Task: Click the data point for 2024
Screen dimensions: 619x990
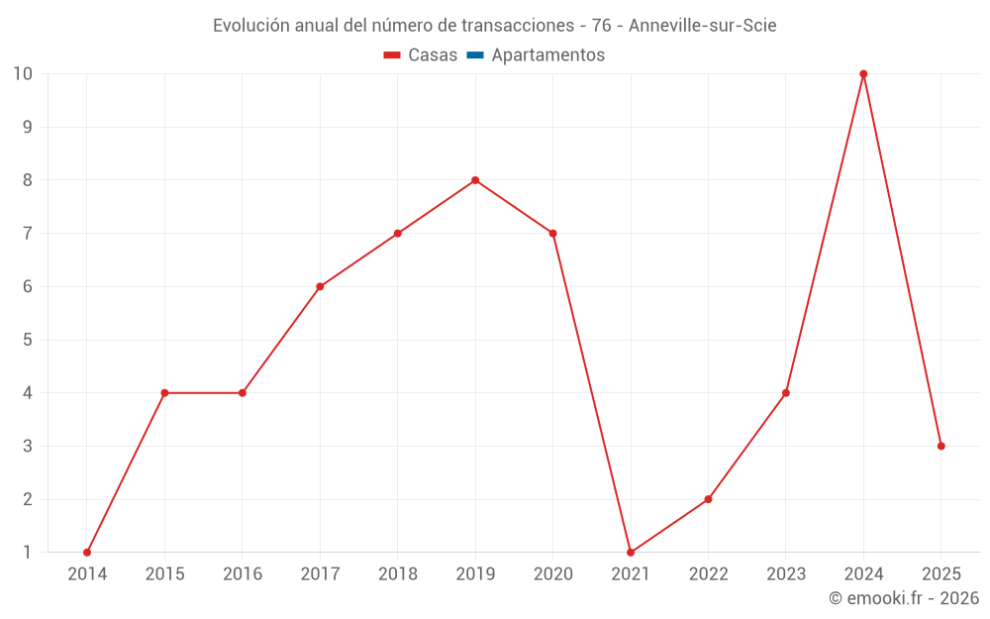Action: click(863, 74)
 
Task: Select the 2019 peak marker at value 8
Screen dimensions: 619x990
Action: click(475, 180)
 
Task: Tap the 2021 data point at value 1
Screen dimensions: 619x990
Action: click(631, 553)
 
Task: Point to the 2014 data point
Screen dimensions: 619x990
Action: click(87, 553)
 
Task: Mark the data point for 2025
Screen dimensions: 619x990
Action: click(940, 446)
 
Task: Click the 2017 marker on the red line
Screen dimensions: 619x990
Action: click(320, 286)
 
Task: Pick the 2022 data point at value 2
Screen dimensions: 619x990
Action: click(708, 499)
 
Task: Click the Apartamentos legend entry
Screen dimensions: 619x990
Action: click(547, 55)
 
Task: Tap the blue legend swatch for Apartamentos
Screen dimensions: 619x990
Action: click(474, 55)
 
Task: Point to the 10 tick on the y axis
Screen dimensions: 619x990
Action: click(23, 74)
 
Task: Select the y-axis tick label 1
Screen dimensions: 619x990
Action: click(27, 553)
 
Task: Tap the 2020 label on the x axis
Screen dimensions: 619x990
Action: click(552, 574)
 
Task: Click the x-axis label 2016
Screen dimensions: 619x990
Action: click(243, 574)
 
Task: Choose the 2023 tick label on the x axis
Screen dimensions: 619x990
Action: click(786, 574)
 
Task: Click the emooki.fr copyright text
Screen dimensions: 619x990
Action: click(904, 598)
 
